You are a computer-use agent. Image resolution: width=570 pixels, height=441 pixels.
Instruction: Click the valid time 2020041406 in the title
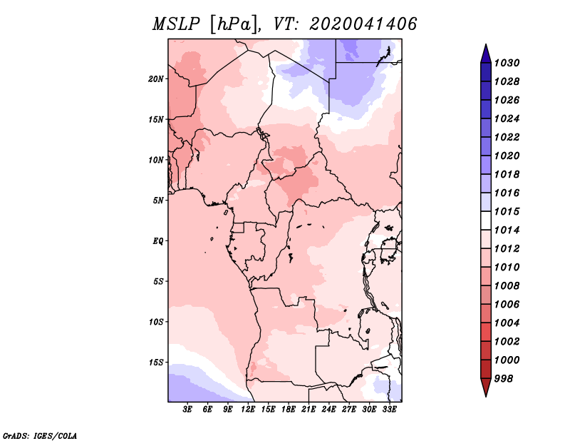click(363, 24)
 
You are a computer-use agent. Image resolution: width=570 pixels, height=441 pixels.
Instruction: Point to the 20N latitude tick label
click(157, 78)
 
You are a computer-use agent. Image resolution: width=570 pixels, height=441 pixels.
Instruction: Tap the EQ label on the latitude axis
click(158, 241)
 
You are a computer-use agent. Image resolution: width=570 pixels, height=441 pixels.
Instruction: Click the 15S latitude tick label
click(157, 363)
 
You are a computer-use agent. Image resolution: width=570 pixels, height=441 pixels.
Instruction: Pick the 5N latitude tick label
click(159, 201)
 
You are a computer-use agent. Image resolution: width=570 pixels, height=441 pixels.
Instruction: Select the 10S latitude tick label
click(157, 322)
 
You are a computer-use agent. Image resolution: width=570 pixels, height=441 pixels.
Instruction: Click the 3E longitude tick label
click(187, 410)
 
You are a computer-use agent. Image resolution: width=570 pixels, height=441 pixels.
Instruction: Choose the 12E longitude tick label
click(248, 410)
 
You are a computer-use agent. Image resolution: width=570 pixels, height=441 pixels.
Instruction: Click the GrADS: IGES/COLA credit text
click(40, 435)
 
